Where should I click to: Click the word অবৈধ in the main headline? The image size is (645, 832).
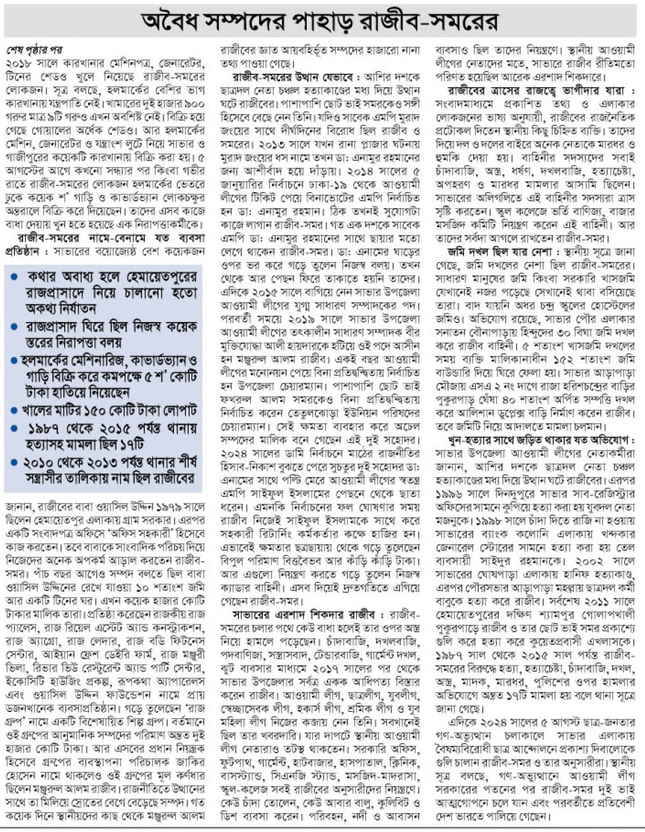coord(182,22)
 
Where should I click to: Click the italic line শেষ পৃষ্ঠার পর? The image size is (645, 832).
coord(41,52)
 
